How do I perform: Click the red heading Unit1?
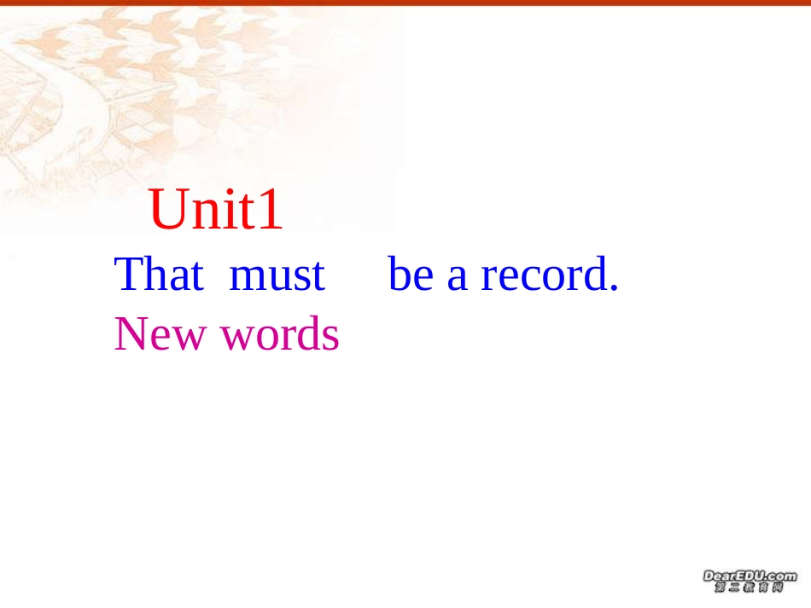point(216,211)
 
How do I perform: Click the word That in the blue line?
point(159,275)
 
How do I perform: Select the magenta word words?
point(280,334)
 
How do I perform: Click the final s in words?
point(331,339)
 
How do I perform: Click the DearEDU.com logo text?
point(749,576)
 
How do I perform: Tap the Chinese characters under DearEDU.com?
point(749,588)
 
